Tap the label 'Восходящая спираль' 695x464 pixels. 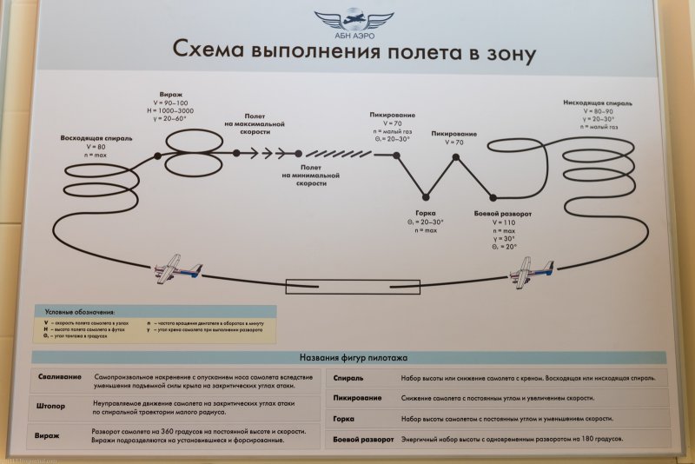(x=96, y=138)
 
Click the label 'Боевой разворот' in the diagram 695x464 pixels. (x=503, y=213)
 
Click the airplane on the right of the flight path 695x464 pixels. (x=531, y=273)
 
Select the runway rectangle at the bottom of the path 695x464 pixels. (x=353, y=286)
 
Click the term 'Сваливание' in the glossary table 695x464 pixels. (x=60, y=378)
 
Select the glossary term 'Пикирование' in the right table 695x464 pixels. (x=357, y=398)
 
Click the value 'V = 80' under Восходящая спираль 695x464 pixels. (x=96, y=147)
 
